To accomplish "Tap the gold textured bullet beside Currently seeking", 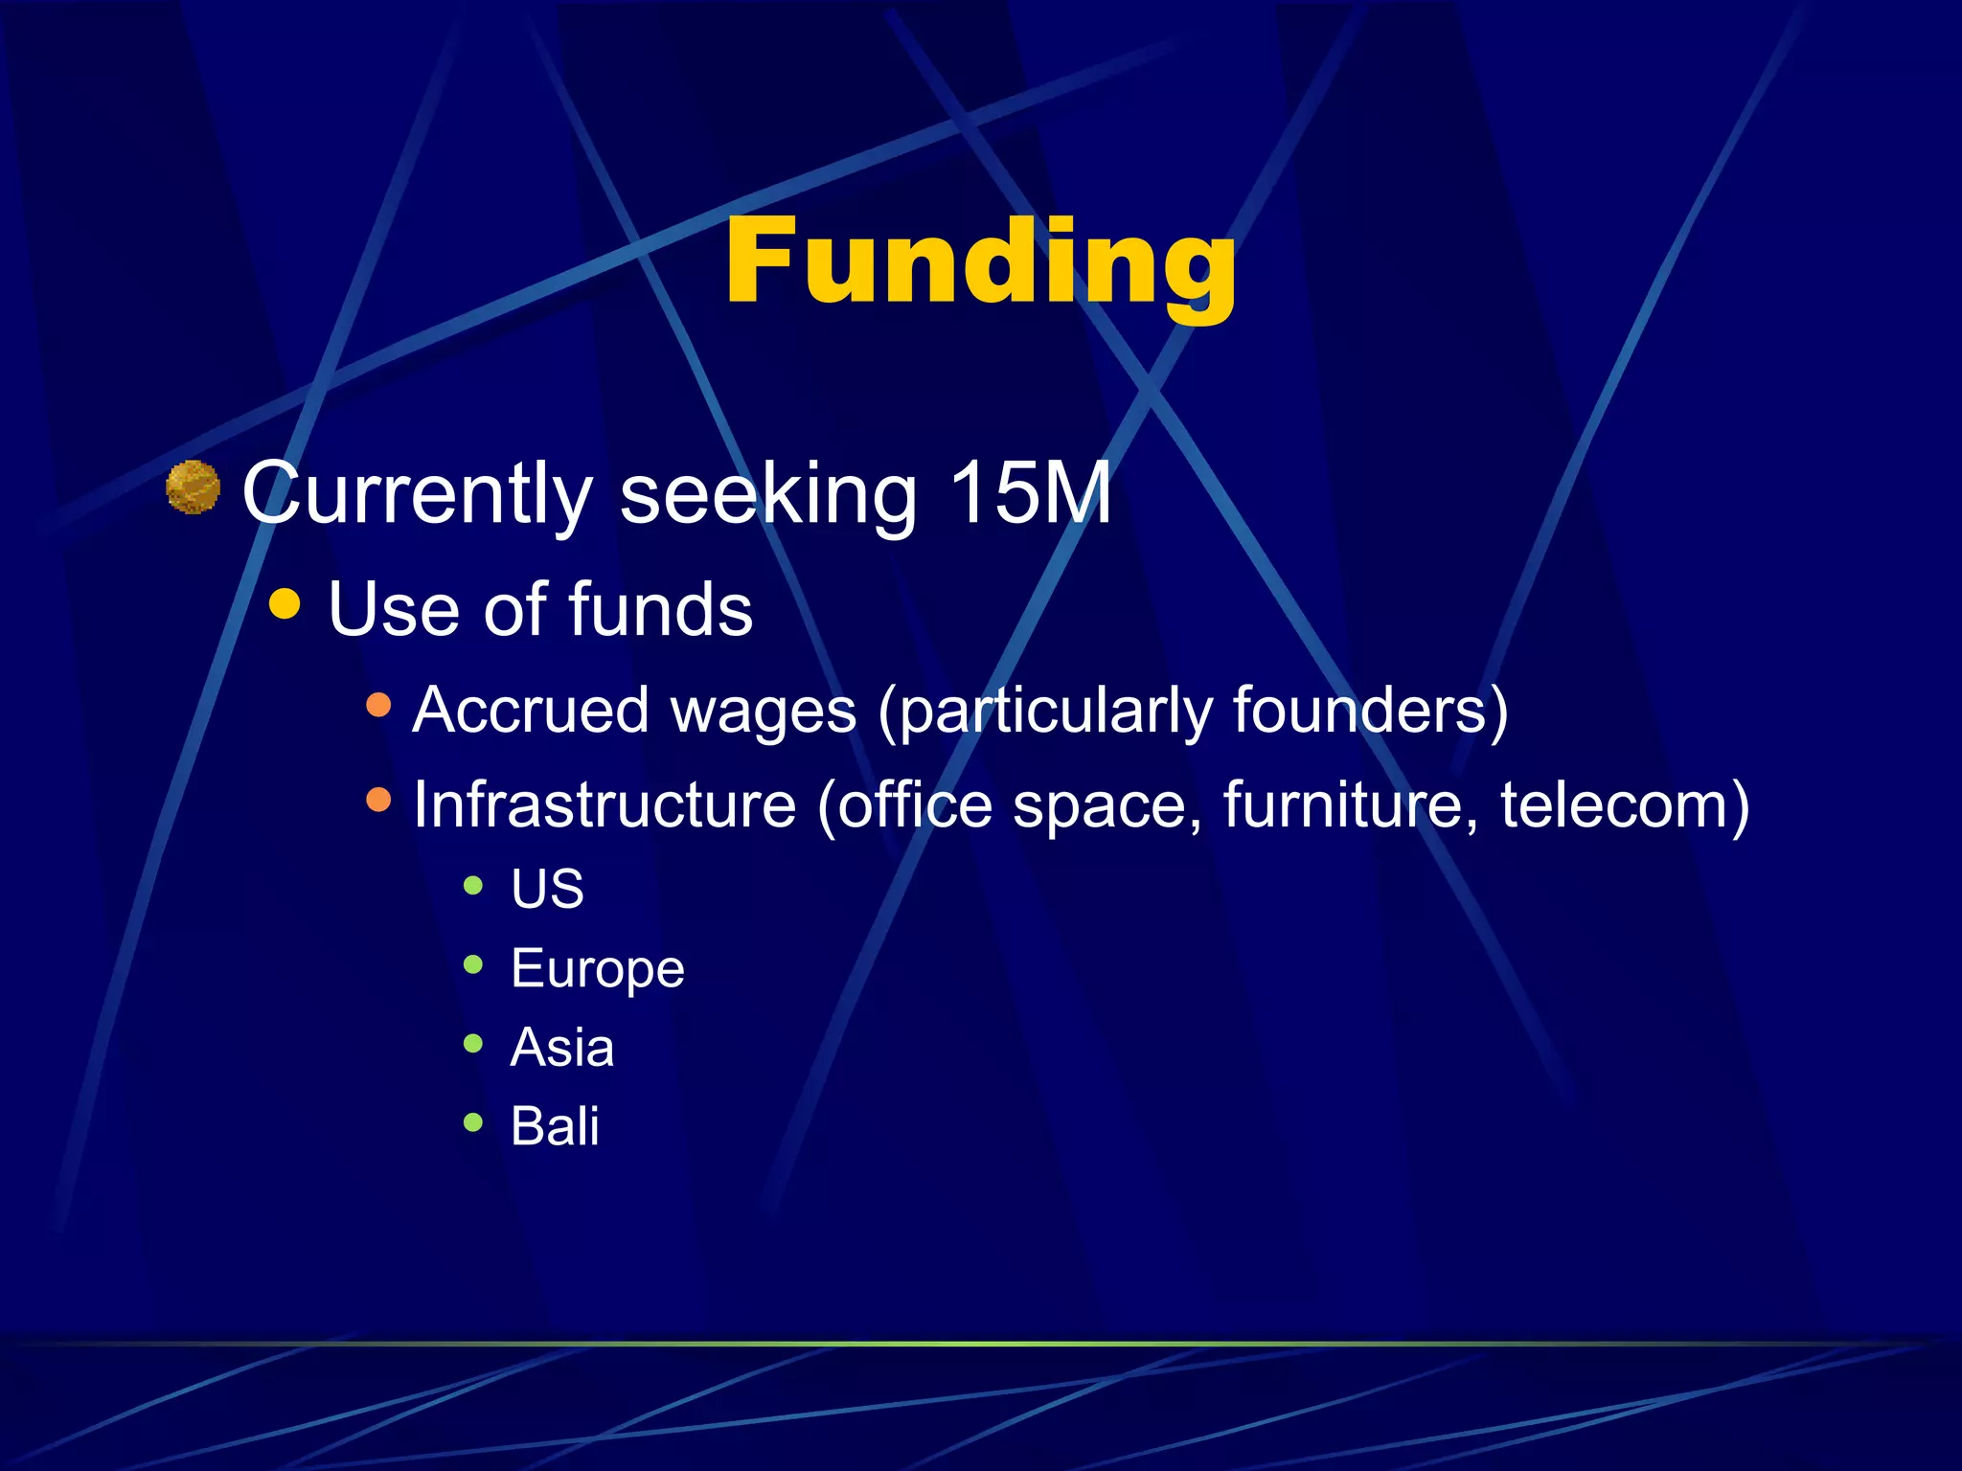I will pyautogui.click(x=194, y=487).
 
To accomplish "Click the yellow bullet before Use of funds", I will pyautogui.click(x=285, y=604).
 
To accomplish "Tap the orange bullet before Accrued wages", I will pyautogui.click(x=379, y=706).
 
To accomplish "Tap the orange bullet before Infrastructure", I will pyautogui.click(x=379, y=800).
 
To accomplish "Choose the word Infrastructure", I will pyautogui.click(x=605, y=804).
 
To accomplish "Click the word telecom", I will pyautogui.click(x=1613, y=804).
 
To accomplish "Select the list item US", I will pyautogui.click(x=547, y=889).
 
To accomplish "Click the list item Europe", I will pyautogui.click(x=598, y=968).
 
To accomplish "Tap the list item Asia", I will pyautogui.click(x=562, y=1047).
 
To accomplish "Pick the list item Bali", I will pyautogui.click(x=555, y=1126).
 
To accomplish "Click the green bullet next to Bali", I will pyautogui.click(x=473, y=1121).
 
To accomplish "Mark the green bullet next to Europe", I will pyautogui.click(x=473, y=963).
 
